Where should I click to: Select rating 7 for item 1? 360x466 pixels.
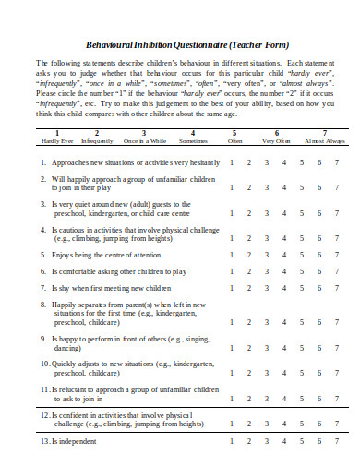pyautogui.click(x=337, y=161)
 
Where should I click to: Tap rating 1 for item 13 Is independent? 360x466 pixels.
pyautogui.click(x=232, y=442)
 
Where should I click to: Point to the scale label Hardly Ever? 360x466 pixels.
pyautogui.click(x=57, y=141)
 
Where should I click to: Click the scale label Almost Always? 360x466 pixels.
pyautogui.click(x=324, y=141)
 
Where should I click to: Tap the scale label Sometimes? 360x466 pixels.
pyautogui.click(x=193, y=141)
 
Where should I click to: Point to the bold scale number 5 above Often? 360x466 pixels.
pyautogui.click(x=234, y=133)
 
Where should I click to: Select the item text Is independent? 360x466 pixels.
pyautogui.click(x=76, y=442)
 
